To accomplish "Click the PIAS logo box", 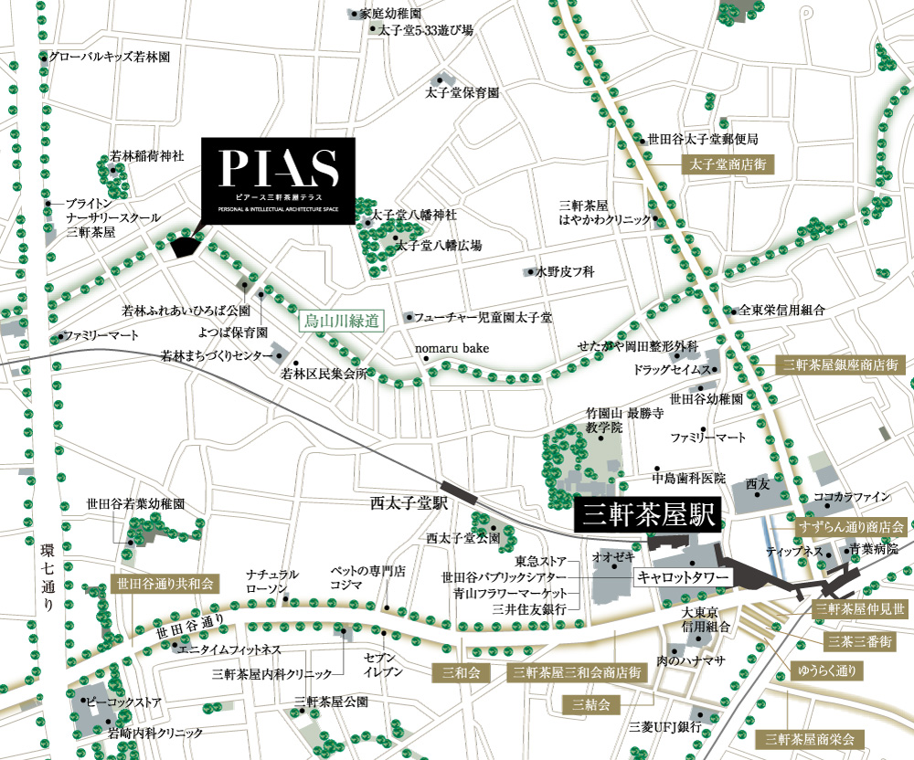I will pyautogui.click(x=278, y=182).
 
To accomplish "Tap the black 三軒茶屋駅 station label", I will pyautogui.click(x=647, y=515).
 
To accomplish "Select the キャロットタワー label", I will pyautogui.click(x=682, y=578).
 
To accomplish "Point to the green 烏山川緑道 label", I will pyautogui.click(x=341, y=320).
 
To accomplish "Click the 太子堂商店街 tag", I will pyautogui.click(x=728, y=165).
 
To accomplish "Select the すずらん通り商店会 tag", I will pyautogui.click(x=850, y=527).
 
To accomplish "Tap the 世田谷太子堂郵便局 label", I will pyautogui.click(x=703, y=140).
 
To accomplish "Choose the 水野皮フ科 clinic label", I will pyautogui.click(x=564, y=271).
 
